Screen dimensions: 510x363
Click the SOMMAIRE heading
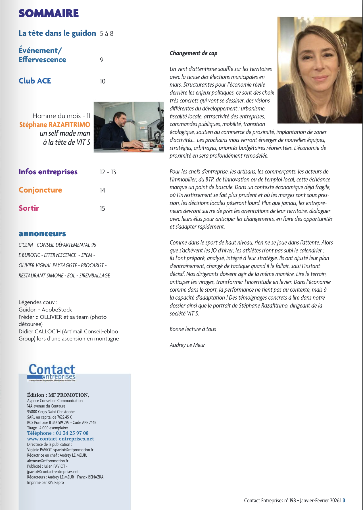(49, 13)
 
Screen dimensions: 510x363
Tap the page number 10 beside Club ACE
(103, 81)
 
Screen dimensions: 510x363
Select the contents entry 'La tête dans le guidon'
(57, 33)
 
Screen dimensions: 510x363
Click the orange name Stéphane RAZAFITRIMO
(55, 125)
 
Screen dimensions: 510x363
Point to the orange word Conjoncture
(40, 190)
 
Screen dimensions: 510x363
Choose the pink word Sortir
(29, 208)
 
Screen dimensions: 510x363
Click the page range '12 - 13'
(108, 172)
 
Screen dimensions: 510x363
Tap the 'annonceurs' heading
(42, 233)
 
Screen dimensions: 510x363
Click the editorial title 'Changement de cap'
(193, 53)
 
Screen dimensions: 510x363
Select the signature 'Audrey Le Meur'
(187, 345)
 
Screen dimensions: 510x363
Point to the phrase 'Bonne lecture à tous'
(193, 329)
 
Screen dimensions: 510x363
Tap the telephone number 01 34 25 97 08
(72, 433)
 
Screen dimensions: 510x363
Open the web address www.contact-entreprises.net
(60, 439)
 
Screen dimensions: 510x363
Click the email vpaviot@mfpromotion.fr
(73, 450)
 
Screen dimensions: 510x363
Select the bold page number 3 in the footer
(344, 500)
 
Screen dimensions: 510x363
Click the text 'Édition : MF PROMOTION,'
(58, 395)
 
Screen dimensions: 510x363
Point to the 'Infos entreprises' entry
(48, 172)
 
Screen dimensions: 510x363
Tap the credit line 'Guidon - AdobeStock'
(45, 310)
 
